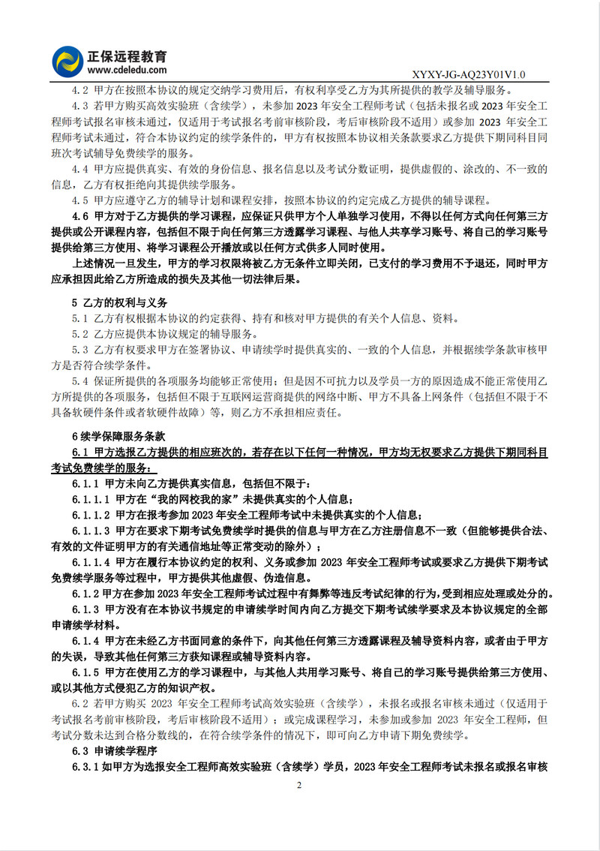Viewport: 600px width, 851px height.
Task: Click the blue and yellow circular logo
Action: [x=67, y=61]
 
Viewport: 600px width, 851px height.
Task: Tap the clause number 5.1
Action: [x=81, y=318]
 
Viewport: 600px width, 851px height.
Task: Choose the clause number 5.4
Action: [x=81, y=381]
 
